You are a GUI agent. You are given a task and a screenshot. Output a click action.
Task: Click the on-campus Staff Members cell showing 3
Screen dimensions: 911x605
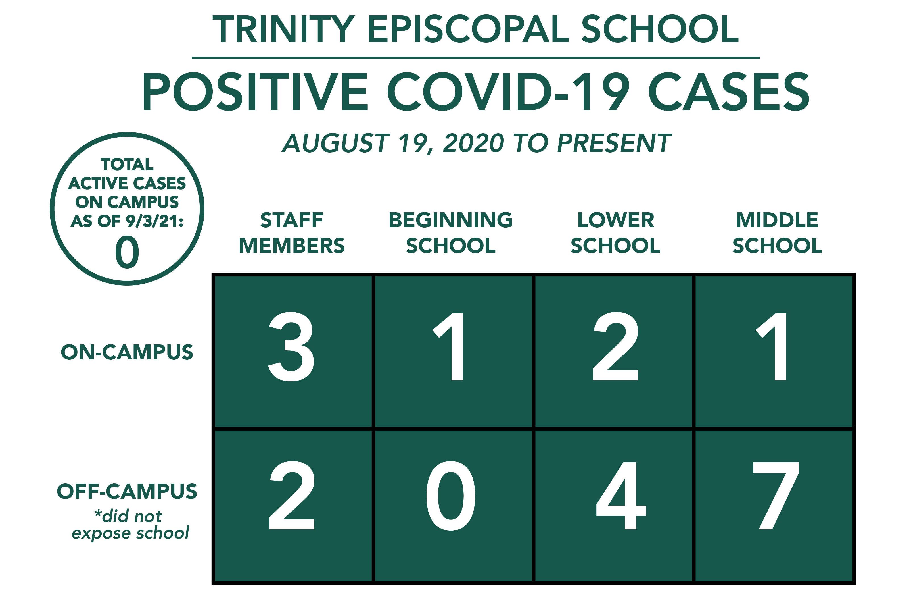click(292, 351)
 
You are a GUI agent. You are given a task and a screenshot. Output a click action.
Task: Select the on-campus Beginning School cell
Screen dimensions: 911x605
click(454, 351)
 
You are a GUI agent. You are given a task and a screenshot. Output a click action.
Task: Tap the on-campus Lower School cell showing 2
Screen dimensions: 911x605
click(614, 351)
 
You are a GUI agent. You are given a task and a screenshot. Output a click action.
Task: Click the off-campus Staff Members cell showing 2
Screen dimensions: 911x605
click(292, 506)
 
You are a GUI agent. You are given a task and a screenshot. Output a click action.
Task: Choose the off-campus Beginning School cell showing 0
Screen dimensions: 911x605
click(454, 506)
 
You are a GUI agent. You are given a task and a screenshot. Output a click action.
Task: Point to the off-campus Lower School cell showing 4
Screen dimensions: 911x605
click(614, 506)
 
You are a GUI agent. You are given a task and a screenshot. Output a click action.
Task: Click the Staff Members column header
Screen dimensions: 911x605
click(292, 233)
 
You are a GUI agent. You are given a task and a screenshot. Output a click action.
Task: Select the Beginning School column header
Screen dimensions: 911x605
click(451, 233)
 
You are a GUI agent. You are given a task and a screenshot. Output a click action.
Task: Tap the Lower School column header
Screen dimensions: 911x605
click(616, 233)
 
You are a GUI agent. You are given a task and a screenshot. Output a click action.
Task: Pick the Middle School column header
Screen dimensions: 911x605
click(777, 233)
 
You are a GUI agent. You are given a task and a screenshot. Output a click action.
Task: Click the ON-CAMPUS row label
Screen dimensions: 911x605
click(127, 352)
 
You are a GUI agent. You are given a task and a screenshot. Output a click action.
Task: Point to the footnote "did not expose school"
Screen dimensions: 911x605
click(130, 524)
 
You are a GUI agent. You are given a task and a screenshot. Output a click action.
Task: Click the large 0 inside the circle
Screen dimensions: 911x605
click(127, 252)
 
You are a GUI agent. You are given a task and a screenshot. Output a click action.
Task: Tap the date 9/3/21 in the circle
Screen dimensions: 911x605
click(154, 221)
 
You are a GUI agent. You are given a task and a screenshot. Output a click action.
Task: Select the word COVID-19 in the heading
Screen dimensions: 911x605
click(509, 92)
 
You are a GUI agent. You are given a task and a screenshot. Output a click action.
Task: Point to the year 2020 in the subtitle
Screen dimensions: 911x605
click(473, 143)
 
